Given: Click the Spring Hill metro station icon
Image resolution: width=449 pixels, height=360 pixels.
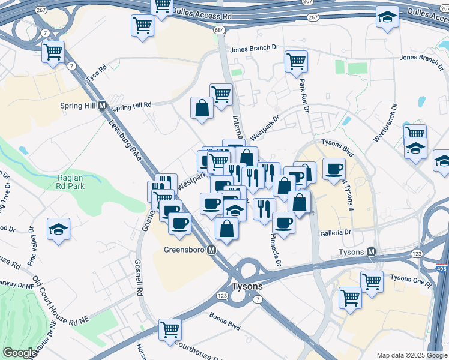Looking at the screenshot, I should click(102, 106).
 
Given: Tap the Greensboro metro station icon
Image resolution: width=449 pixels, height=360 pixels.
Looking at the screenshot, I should click(212, 250).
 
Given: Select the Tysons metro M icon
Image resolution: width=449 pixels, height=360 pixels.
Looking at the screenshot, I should click(372, 252).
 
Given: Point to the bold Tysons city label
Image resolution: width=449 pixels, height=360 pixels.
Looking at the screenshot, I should click(247, 286).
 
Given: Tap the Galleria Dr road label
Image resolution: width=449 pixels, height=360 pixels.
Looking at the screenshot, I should click(334, 232).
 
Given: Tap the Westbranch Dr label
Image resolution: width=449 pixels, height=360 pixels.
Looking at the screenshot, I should click(385, 123).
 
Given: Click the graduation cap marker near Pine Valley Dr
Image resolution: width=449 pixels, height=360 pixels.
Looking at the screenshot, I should click(59, 229).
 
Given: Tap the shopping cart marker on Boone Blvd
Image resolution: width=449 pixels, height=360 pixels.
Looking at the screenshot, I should click(170, 329).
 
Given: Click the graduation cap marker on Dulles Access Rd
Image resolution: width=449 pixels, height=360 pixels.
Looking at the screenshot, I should click(388, 17).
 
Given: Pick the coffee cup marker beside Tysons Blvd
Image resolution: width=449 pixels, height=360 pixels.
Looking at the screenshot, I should click(334, 169).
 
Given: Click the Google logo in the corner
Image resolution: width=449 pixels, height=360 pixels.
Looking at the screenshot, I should click(20, 353).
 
